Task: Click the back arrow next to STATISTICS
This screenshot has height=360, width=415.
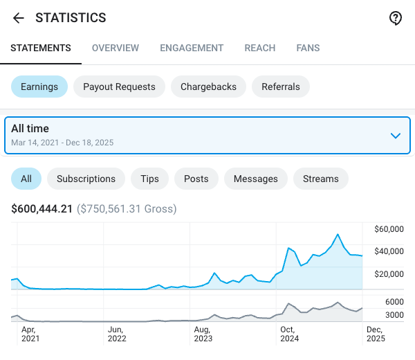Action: [x=19, y=18]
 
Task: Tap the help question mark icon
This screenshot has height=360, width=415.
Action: [x=396, y=18]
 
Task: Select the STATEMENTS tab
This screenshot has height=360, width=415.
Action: [x=41, y=48]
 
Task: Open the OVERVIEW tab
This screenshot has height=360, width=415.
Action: [x=116, y=48]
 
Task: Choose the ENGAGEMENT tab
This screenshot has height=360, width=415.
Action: [x=192, y=48]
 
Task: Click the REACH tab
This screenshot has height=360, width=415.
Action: [x=260, y=48]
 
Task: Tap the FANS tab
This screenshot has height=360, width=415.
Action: [x=308, y=48]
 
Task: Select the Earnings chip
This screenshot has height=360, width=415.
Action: [x=39, y=87]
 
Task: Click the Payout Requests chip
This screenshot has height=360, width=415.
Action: [x=119, y=87]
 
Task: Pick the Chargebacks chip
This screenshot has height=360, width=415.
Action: [x=208, y=87]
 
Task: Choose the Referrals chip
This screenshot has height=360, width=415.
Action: [x=281, y=87]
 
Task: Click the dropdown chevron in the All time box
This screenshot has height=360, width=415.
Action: [x=396, y=136]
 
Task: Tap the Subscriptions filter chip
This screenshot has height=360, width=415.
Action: [x=86, y=179]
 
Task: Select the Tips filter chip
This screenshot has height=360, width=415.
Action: [x=149, y=179]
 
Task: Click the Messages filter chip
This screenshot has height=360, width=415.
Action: [x=255, y=179]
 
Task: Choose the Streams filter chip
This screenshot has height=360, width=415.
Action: [x=321, y=179]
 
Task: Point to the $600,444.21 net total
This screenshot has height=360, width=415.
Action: [x=42, y=208]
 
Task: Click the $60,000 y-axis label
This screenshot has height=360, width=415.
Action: [x=388, y=229]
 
